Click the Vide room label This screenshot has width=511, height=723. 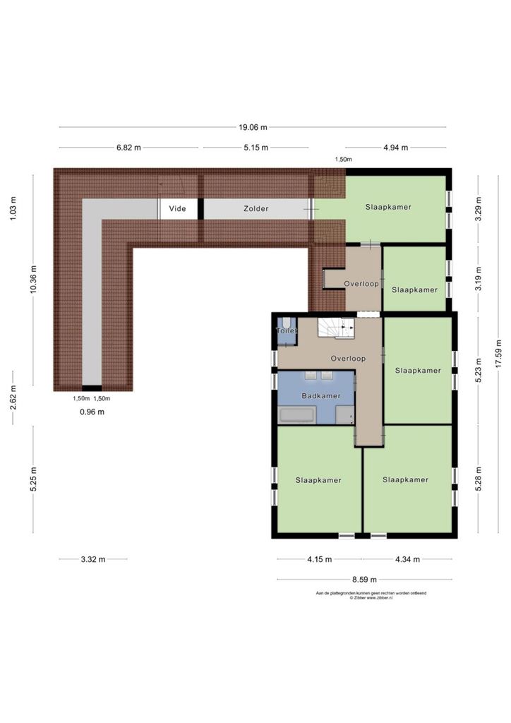click(x=177, y=208)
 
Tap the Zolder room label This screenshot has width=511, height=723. click(x=255, y=208)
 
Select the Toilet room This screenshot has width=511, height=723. click(x=287, y=330)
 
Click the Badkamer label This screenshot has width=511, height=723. click(x=321, y=395)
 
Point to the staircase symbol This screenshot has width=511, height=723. click(x=336, y=328)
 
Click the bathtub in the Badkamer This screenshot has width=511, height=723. click(x=298, y=414)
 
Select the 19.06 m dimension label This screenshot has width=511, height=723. click(x=253, y=127)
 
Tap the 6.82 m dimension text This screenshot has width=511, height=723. click(x=128, y=148)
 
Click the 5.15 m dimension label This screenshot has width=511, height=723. click(x=255, y=148)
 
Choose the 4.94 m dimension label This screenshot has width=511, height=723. click(x=396, y=148)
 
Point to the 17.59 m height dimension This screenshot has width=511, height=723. click(x=498, y=354)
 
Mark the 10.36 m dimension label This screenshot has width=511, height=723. click(x=33, y=280)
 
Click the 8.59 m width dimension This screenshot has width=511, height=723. click(x=364, y=580)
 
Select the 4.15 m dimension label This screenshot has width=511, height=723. click(x=319, y=559)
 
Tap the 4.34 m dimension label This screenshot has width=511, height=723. click(x=407, y=559)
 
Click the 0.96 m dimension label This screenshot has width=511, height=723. click(x=92, y=412)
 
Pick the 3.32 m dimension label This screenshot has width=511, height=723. click(x=93, y=559)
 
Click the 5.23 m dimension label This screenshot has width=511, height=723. click(x=479, y=370)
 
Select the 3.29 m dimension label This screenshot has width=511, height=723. click(x=479, y=209)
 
